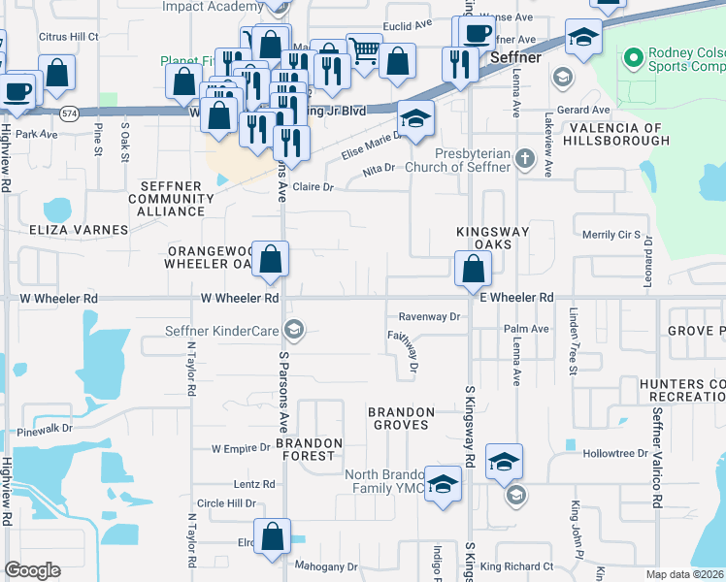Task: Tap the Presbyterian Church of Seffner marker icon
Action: [525, 158]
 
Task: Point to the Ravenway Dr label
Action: [429, 317]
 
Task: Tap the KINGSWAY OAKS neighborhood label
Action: [494, 239]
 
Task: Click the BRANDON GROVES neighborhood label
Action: [398, 418]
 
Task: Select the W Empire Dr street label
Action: [241, 448]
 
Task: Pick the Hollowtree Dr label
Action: [614, 454]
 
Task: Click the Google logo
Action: [33, 570]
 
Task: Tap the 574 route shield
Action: [69, 113]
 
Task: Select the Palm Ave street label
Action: [526, 330]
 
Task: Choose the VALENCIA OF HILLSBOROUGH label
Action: [615, 134]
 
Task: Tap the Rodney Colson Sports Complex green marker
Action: [633, 59]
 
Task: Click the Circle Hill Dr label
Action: [226, 504]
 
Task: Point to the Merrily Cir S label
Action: [611, 235]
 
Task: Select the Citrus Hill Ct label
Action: [68, 37]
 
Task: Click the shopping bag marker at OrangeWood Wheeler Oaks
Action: [273, 259]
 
